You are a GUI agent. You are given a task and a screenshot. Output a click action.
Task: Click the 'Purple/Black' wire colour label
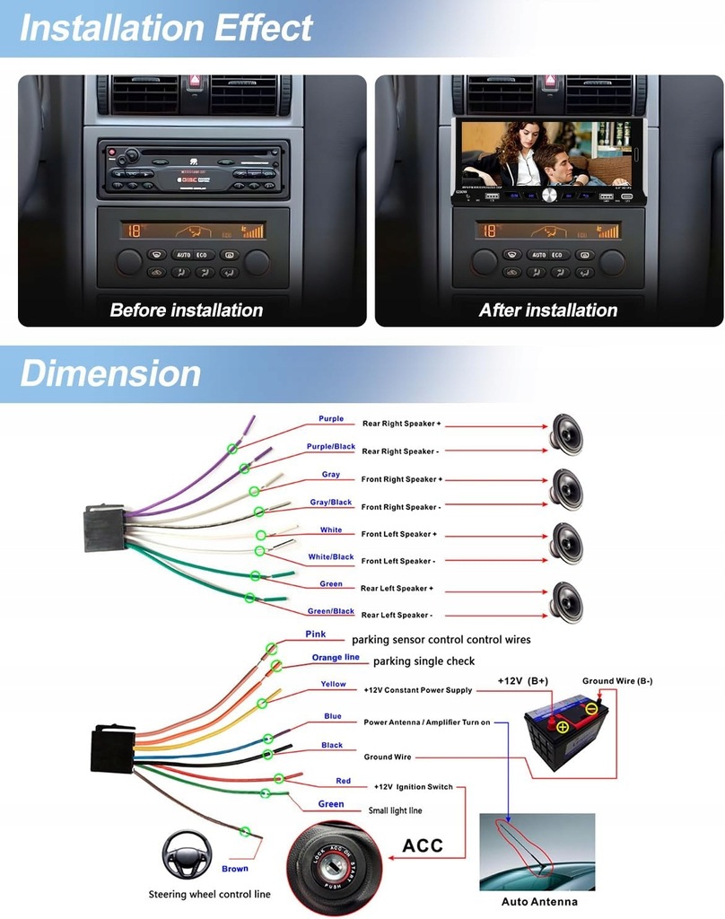pos(331,447)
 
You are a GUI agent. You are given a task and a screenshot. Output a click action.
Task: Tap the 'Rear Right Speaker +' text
pos(401,423)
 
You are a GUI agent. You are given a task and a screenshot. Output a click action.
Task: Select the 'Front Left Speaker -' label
pos(398,561)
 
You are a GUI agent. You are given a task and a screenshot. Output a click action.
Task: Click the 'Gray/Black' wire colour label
pos(331,503)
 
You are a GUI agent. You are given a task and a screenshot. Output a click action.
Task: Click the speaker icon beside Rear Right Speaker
pos(566,434)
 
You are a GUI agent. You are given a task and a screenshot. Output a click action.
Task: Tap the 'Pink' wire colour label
pos(316,635)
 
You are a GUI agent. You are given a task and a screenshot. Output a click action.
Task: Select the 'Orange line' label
pos(336,658)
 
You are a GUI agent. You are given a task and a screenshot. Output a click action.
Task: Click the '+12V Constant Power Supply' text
pos(417,690)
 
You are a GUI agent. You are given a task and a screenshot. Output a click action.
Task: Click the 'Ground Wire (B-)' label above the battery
pos(617,681)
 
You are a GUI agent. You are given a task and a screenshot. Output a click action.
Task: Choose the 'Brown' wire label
pos(235,869)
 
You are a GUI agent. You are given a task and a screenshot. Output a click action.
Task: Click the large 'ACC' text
pos(423,845)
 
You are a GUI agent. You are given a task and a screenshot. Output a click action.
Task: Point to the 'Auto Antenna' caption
pos(538,901)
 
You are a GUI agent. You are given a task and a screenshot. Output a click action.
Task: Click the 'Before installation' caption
pos(187,311)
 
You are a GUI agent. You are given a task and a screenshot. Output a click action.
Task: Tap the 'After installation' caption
pos(548,311)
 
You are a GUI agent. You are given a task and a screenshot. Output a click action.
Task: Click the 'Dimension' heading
pos(110,373)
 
